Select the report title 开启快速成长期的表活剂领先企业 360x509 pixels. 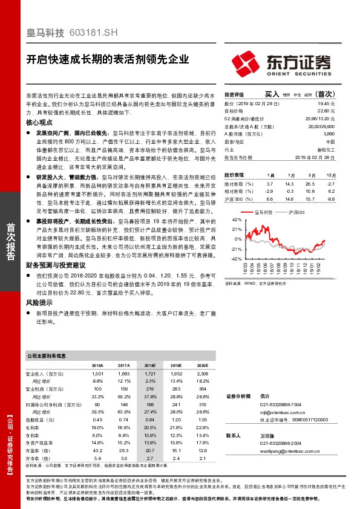[x=108, y=60]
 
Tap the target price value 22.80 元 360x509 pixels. [x=325, y=111]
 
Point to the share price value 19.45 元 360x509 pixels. [x=325, y=104]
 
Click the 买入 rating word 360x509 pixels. [x=272, y=95]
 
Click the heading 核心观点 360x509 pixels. [x=39, y=122]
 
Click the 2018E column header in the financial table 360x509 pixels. [x=149, y=366]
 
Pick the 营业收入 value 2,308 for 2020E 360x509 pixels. [x=202, y=375]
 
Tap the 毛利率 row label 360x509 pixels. [x=34, y=427]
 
